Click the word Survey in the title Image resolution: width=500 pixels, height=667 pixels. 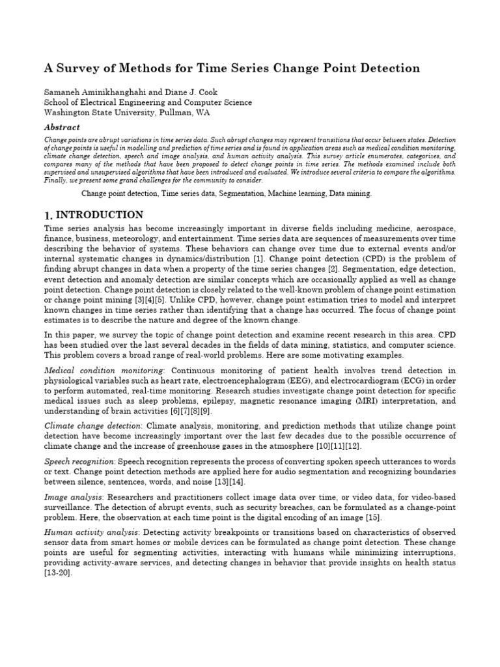(78, 68)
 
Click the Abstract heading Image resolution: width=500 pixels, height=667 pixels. (62, 128)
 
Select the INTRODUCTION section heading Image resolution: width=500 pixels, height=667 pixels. (100, 215)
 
